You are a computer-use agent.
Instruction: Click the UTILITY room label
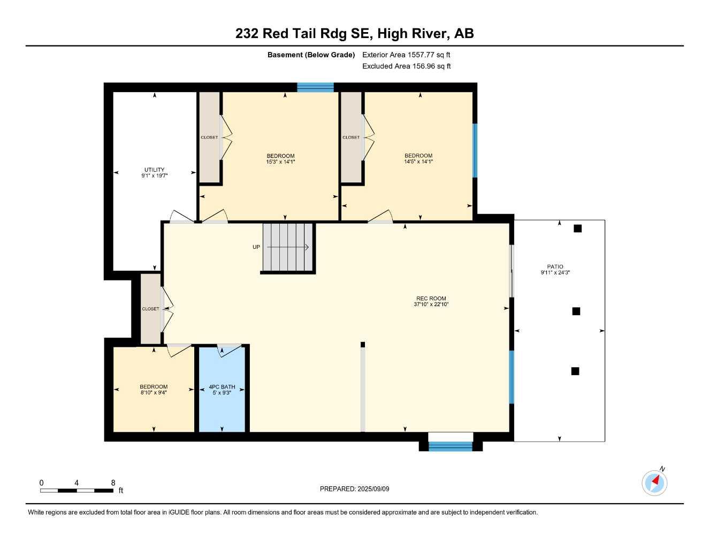(x=154, y=170)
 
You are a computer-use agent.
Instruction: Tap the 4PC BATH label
(x=222, y=387)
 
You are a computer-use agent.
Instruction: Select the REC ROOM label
(x=431, y=299)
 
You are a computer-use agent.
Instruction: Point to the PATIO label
(x=555, y=267)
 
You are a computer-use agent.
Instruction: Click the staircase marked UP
(x=288, y=247)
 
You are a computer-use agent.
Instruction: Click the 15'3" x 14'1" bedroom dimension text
(x=280, y=162)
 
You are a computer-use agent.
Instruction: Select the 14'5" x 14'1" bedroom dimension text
(x=418, y=162)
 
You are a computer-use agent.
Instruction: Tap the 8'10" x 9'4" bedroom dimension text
(x=154, y=393)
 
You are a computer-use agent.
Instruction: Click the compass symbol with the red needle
(x=654, y=483)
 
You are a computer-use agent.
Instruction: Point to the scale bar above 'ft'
(x=77, y=490)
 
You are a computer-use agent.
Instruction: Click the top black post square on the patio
(x=577, y=229)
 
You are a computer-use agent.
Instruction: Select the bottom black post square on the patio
(x=575, y=371)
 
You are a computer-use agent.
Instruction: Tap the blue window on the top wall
(x=315, y=87)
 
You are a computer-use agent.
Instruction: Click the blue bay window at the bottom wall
(x=451, y=446)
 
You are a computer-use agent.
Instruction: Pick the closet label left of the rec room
(x=150, y=309)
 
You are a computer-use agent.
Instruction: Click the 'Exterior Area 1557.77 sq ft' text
(x=406, y=55)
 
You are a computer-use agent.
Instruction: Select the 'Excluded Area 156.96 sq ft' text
(x=406, y=66)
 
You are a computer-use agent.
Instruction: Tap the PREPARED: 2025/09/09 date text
(x=354, y=489)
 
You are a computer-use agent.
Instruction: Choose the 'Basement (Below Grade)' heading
(x=311, y=55)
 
